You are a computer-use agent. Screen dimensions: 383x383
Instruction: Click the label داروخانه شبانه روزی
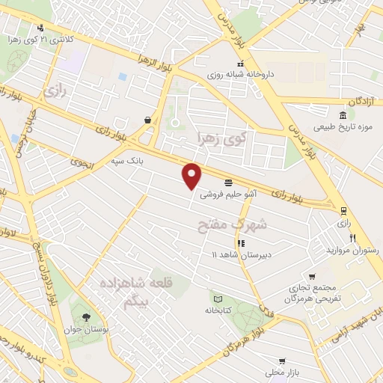[257, 73]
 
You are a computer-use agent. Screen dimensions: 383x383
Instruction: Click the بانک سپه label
[126, 160]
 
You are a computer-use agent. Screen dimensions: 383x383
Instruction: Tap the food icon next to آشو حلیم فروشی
[227, 182]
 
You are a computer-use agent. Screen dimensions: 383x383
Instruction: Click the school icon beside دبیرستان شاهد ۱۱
[241, 243]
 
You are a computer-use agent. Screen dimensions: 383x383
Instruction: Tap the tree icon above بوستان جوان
[85, 317]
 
